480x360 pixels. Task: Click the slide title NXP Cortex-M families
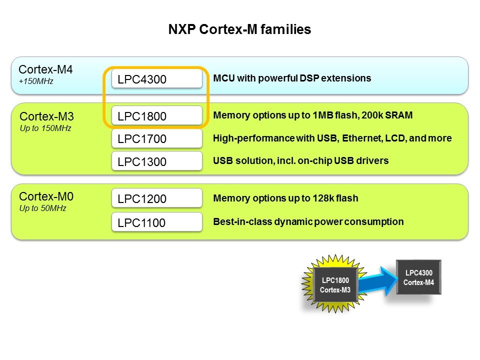[239, 29]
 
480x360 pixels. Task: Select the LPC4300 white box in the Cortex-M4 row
[156, 79]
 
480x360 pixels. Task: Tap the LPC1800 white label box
[156, 116]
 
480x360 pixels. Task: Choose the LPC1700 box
[156, 138]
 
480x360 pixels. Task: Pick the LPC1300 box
[156, 161]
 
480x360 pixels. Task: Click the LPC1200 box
[156, 198]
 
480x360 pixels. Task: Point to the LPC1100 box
[156, 222]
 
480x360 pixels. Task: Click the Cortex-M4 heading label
[45, 69]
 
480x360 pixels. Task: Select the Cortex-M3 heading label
[46, 117]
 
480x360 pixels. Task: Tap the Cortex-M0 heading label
[45, 196]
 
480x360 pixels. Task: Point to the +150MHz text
[36, 81]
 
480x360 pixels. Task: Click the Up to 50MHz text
[42, 208]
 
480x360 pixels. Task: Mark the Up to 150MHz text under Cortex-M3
[45, 128]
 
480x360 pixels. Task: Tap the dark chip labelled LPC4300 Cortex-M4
[418, 277]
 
